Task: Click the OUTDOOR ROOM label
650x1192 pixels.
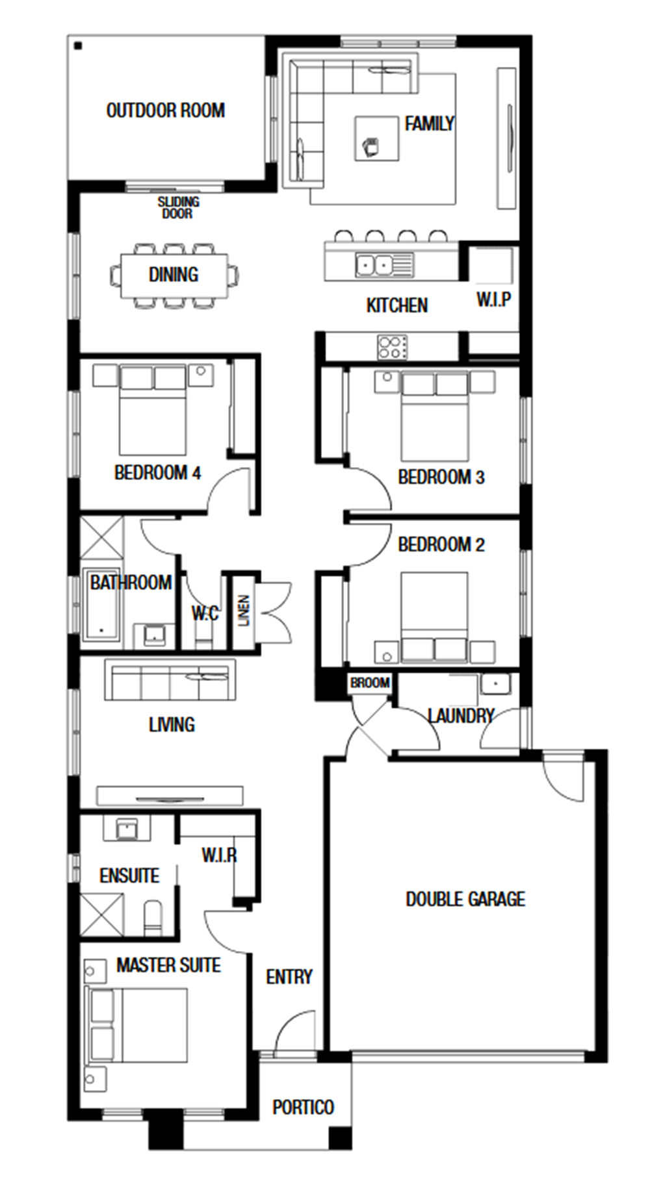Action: (x=166, y=110)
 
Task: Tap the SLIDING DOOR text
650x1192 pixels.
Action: (x=178, y=208)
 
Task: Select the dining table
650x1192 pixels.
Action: (x=174, y=275)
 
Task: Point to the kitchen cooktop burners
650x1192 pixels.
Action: (x=393, y=346)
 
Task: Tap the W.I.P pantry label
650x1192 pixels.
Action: (x=493, y=300)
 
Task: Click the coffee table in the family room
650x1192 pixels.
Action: (x=376, y=138)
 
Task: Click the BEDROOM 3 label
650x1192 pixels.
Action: (x=441, y=477)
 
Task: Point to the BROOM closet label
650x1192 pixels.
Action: (x=370, y=683)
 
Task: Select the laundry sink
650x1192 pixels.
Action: (x=495, y=684)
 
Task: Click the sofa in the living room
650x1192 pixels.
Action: (x=170, y=680)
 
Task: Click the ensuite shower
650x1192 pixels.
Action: (x=101, y=915)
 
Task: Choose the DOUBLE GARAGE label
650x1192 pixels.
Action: (x=465, y=899)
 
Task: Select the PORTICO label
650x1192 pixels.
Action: (x=303, y=1107)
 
